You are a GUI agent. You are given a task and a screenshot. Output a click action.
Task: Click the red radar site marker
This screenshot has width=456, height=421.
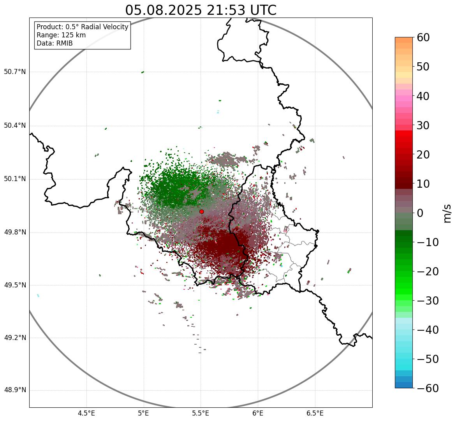(x=202, y=211)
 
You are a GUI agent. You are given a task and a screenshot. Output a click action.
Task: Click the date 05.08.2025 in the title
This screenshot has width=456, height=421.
(x=163, y=10)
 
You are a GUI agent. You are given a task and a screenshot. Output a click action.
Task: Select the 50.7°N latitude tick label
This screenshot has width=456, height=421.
(x=15, y=72)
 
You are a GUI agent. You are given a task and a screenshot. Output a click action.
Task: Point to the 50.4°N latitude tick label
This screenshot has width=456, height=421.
(x=15, y=125)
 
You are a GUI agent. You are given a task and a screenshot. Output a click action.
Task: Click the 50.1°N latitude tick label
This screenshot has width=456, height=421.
(x=15, y=179)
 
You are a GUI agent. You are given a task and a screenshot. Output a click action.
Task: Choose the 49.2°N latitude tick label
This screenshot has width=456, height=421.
(x=15, y=337)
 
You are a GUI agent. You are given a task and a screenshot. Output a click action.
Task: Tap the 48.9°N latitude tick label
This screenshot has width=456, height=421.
(x=15, y=390)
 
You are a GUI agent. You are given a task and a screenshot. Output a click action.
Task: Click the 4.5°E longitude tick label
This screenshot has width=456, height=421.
(x=86, y=413)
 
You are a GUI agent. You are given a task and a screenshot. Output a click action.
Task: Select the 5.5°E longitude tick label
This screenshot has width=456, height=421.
(x=201, y=413)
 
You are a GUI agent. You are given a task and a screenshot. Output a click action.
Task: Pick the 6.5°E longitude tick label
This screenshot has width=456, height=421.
(x=315, y=413)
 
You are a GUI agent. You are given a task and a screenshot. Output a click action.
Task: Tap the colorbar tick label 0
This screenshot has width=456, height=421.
(x=420, y=213)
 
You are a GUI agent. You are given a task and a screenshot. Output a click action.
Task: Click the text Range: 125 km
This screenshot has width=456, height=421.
(x=61, y=35)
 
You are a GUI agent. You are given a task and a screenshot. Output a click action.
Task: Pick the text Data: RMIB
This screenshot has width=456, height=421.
(x=55, y=43)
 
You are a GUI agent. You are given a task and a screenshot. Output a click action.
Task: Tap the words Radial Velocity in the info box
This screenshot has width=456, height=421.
(x=103, y=27)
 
